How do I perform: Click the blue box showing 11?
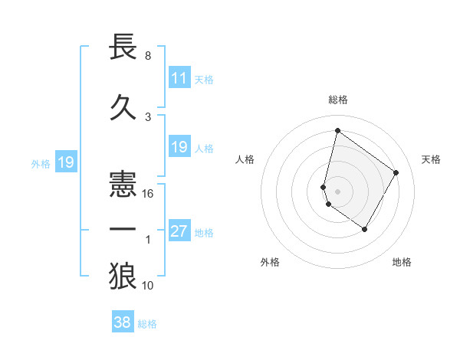[x=179, y=79]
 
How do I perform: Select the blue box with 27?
[x=179, y=232]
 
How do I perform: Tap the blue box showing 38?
[x=123, y=323]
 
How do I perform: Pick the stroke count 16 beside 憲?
[x=148, y=194]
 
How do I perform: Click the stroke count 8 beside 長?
[x=148, y=56]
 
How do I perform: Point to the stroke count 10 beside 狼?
[x=148, y=286]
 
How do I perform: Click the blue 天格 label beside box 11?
[x=204, y=80]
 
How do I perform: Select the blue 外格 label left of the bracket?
[x=41, y=162]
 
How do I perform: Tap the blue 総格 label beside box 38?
[x=147, y=324]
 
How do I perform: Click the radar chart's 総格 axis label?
[x=337, y=100]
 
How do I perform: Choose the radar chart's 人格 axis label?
[x=245, y=159]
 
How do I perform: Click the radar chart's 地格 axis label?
[x=402, y=262]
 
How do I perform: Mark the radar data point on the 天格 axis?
[x=396, y=172]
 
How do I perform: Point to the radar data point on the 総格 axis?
[x=337, y=131]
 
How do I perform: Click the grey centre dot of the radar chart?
[x=337, y=191]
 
